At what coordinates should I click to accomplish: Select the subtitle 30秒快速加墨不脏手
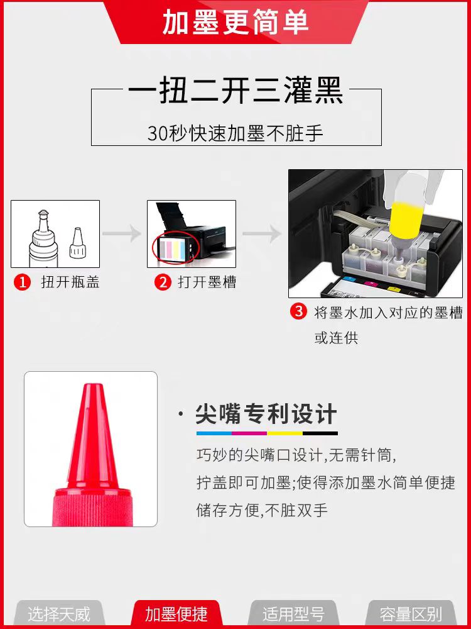click(x=235, y=133)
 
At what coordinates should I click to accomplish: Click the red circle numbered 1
click(x=22, y=282)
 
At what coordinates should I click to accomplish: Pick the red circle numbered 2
click(x=163, y=282)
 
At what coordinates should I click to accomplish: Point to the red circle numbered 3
click(x=298, y=312)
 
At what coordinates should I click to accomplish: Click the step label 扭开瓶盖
click(x=70, y=282)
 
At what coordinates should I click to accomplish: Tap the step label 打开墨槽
click(x=207, y=282)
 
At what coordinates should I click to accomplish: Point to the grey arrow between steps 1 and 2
click(x=122, y=234)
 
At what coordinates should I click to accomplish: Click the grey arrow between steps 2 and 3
click(x=263, y=234)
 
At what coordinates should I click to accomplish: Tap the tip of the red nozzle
click(x=93, y=385)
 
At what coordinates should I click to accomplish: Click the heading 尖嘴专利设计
click(x=266, y=414)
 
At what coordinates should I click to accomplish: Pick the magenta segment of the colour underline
click(x=249, y=433)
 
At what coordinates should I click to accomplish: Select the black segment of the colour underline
click(x=320, y=433)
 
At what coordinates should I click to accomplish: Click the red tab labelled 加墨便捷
click(x=176, y=614)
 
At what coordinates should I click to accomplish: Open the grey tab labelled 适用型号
click(x=293, y=614)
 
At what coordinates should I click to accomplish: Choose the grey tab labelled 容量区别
click(x=411, y=614)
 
